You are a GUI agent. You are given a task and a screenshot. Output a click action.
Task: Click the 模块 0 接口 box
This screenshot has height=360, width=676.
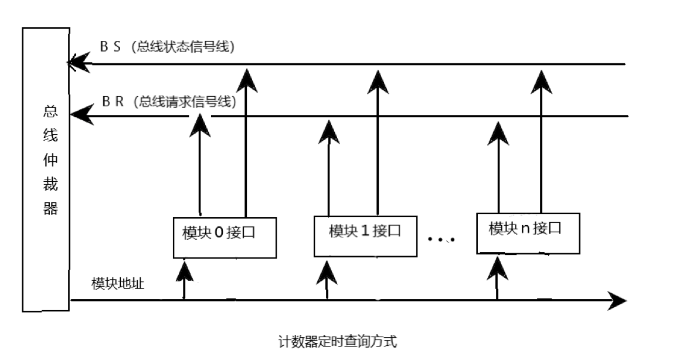pyautogui.click(x=225, y=236)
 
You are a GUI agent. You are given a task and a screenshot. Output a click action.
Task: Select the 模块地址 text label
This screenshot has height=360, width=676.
pyautogui.click(x=118, y=283)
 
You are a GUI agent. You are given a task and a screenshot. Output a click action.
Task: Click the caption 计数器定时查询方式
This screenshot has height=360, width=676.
pyautogui.click(x=337, y=341)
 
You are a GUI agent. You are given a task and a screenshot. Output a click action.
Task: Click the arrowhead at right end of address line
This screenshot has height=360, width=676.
pyautogui.click(x=617, y=301)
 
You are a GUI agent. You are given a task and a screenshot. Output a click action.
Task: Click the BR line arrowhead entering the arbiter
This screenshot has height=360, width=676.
pyautogui.click(x=80, y=115)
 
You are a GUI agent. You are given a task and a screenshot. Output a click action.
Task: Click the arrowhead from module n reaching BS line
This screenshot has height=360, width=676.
pyautogui.click(x=541, y=79)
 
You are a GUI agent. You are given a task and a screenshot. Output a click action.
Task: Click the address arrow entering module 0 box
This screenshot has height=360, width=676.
pyautogui.click(x=185, y=270)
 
